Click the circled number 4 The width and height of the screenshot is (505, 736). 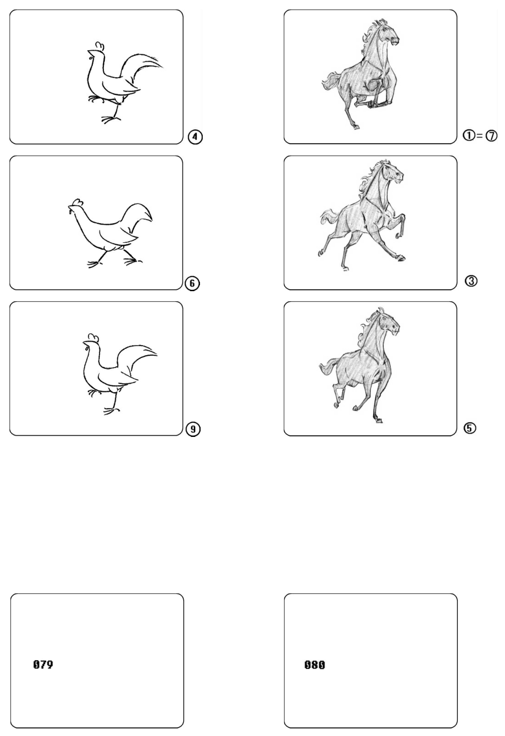tap(195, 137)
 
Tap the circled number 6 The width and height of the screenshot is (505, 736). tap(193, 283)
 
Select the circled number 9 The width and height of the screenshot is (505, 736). tap(193, 429)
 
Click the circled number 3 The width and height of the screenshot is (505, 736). tap(471, 281)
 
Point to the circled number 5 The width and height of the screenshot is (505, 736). tap(471, 428)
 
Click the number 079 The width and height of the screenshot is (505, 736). tap(43, 664)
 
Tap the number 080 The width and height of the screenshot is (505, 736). tap(314, 665)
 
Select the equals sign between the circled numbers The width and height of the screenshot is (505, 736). tap(480, 136)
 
